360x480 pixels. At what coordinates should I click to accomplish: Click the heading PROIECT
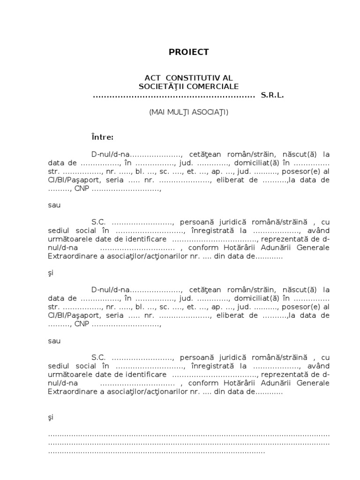coord(188,52)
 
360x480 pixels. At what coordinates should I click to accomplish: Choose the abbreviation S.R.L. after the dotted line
coord(272,95)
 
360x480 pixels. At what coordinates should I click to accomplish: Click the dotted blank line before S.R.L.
coord(173,96)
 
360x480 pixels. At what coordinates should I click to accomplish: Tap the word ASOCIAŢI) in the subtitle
coord(211,112)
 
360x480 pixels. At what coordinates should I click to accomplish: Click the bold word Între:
coord(102,137)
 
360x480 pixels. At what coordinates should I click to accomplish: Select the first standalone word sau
coord(54,205)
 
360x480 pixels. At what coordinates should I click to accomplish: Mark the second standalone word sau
coord(54,341)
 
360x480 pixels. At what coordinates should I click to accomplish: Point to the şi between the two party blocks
coord(51,273)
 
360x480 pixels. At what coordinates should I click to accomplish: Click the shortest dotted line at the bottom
coord(157,452)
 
